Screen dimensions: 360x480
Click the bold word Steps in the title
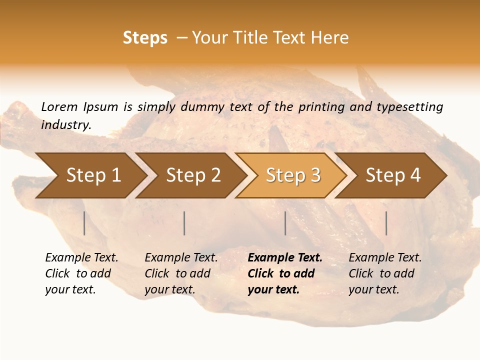coord(145,38)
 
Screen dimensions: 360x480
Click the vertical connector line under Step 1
coord(84,223)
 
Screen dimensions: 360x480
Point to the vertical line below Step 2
coord(184,223)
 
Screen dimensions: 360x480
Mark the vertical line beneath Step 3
coord(285,223)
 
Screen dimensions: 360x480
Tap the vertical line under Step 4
coord(386,223)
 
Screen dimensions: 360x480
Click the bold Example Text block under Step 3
coord(285,273)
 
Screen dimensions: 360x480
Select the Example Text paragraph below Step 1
coord(81,273)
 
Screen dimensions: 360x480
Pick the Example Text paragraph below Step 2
coord(181,273)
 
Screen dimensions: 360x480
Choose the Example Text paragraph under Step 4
coord(385,273)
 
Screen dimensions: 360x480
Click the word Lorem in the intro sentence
coord(59,106)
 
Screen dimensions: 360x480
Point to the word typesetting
coord(409,107)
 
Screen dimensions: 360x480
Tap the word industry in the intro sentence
coord(65,124)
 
